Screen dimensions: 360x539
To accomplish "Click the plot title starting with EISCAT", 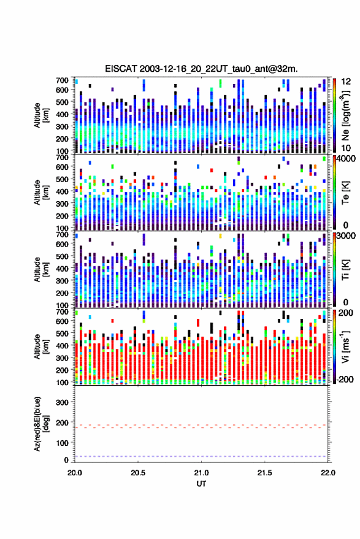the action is [201, 69].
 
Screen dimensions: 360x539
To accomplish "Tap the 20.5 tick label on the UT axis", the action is [138, 473].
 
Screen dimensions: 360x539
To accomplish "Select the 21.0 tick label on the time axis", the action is [201, 473].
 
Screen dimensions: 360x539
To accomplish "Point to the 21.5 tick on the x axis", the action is [264, 473].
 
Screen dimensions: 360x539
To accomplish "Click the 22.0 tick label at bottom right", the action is [327, 473].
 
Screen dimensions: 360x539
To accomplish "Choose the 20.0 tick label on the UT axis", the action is [75, 473].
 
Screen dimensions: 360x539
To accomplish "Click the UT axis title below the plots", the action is [201, 484].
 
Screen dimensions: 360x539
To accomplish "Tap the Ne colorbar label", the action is [345, 115].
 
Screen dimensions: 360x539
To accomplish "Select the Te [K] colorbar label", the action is [345, 192].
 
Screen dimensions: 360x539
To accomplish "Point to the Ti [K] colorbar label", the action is [345, 269].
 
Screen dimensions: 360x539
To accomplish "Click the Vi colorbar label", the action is [345, 346].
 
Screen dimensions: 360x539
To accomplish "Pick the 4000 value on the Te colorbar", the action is [346, 159].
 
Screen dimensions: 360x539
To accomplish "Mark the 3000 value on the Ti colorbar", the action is [346, 236].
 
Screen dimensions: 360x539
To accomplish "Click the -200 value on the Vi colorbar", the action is [345, 380].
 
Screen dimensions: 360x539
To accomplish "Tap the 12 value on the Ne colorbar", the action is [346, 82].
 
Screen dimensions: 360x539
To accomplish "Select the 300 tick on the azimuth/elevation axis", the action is [63, 402].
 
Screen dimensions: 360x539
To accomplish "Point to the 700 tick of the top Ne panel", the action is [62, 80].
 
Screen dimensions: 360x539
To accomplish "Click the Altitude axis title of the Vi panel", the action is [41, 346].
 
